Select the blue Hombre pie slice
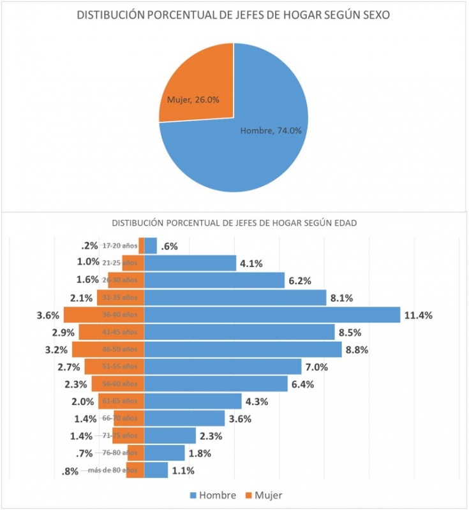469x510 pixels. point(255,153)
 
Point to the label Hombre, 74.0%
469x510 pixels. point(271,131)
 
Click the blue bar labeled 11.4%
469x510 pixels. point(272,315)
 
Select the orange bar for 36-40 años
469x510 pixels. point(103,315)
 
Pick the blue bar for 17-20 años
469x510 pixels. point(151,245)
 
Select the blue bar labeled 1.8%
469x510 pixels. point(165,453)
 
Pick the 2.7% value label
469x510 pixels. point(68,367)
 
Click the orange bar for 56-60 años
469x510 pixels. point(117,384)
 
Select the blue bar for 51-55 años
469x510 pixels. point(223,367)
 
